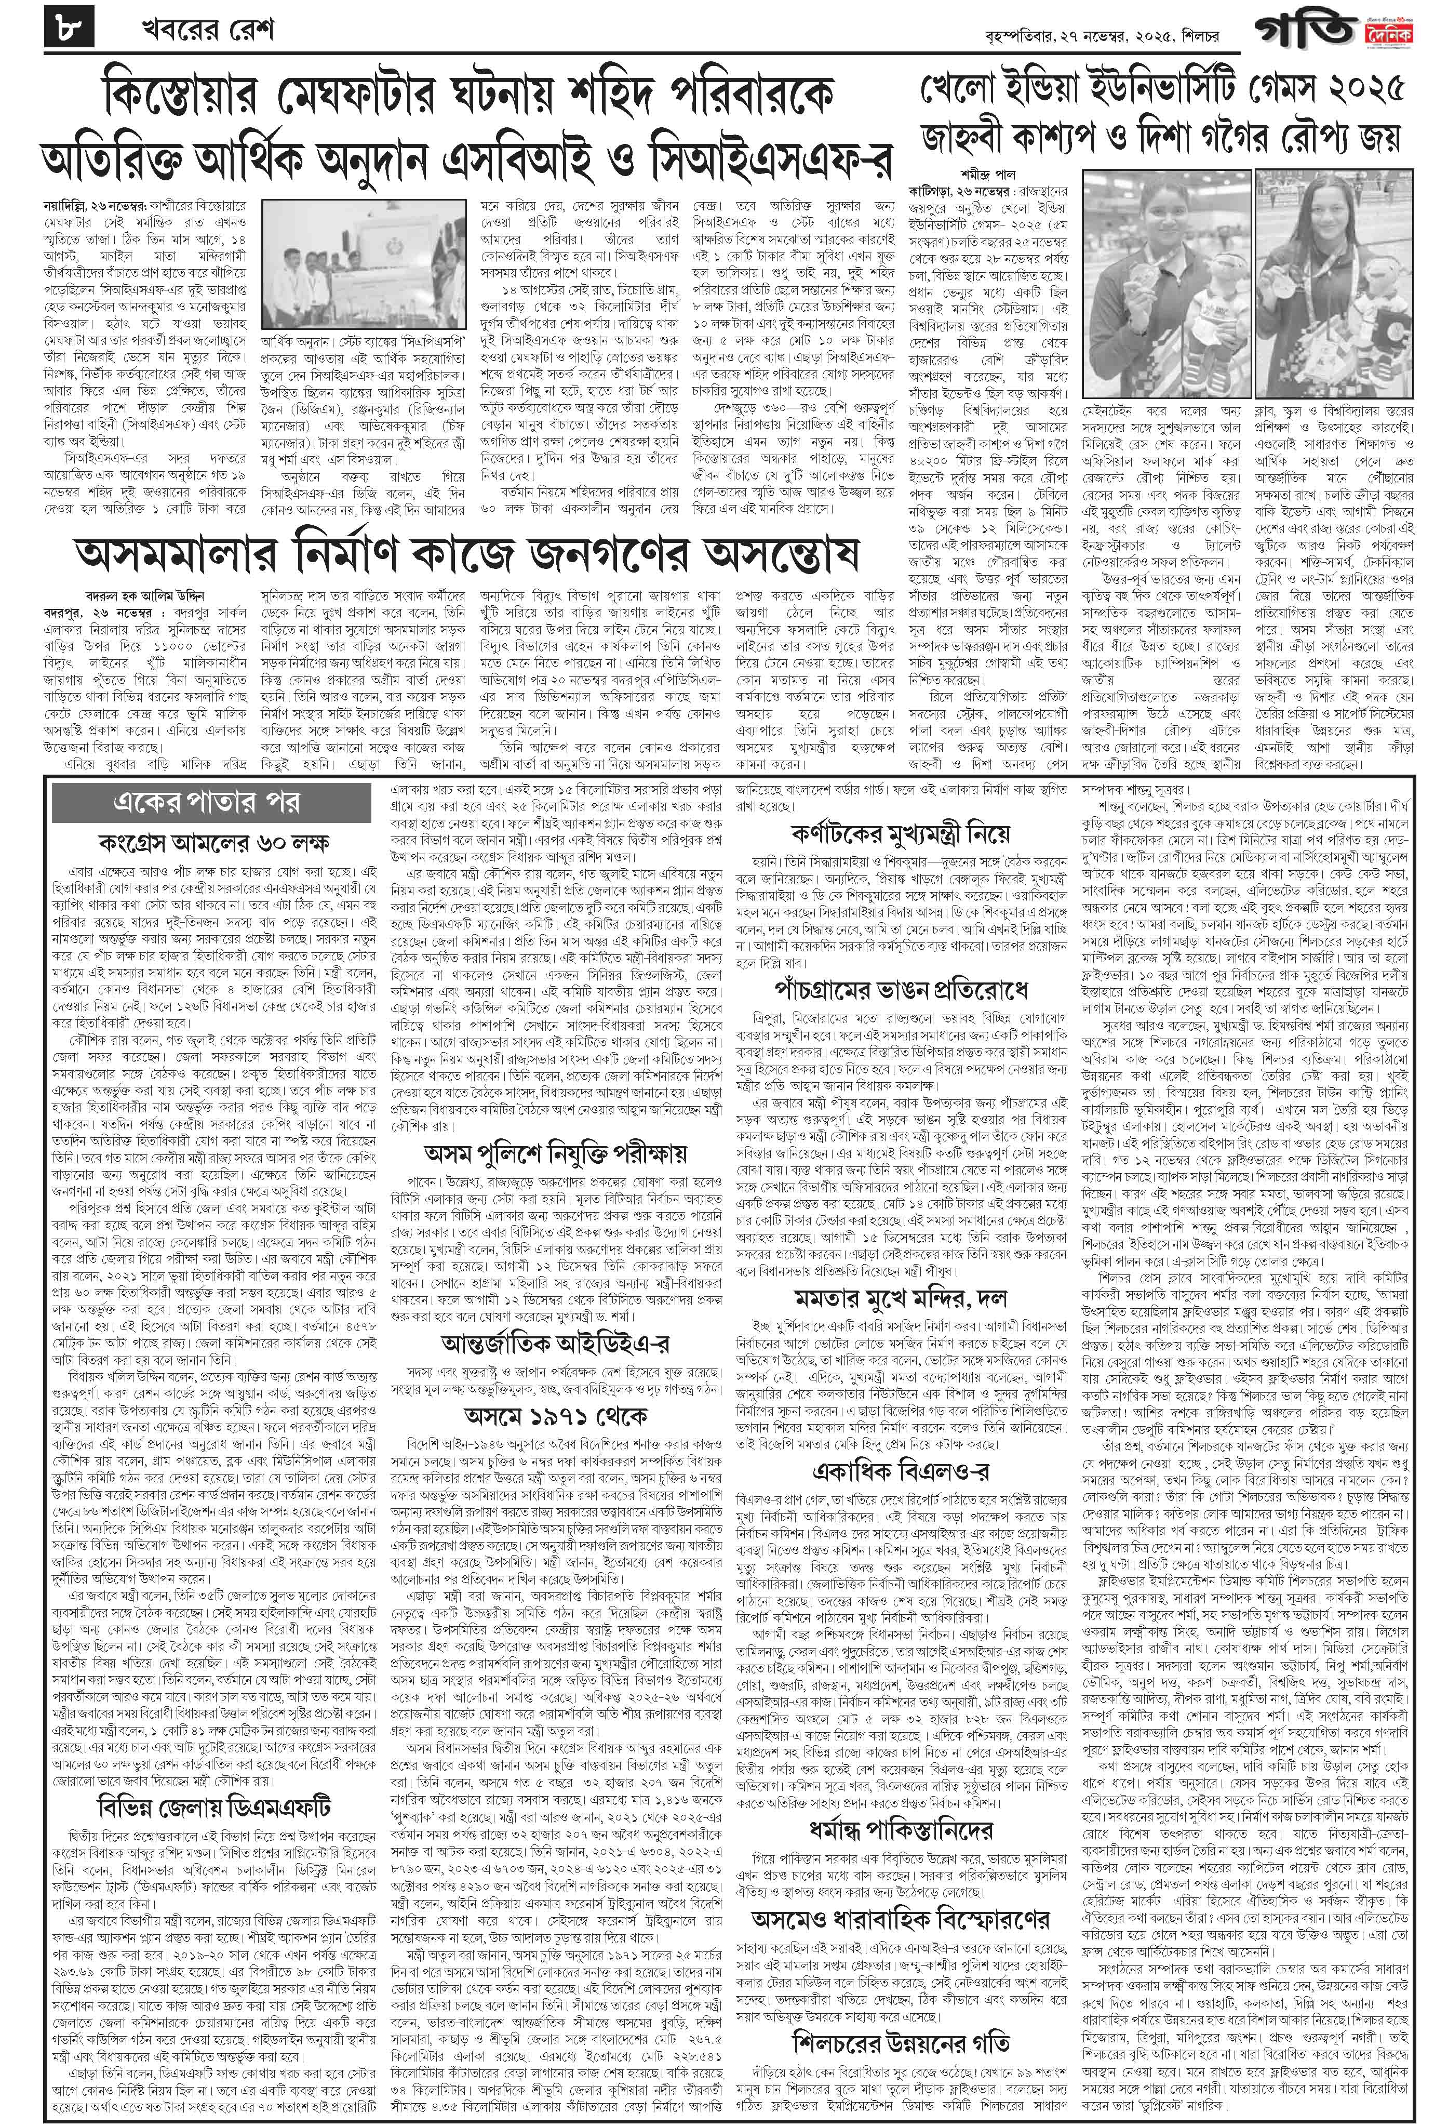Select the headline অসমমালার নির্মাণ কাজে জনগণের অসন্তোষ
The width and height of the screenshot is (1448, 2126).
[468, 552]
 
